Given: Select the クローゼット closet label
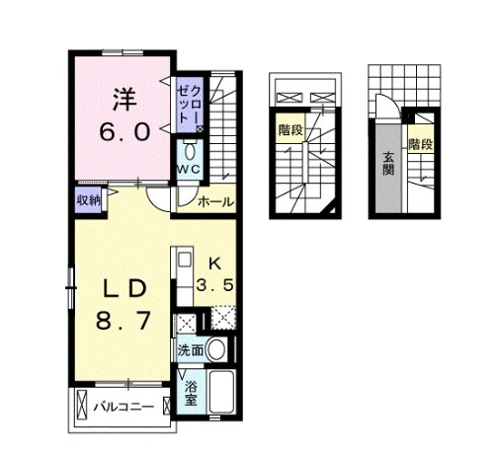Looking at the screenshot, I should coord(189,102).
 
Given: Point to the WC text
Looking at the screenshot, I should coord(189,170).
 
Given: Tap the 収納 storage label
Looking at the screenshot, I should coord(89,199).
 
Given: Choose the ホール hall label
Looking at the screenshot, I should coord(215,201).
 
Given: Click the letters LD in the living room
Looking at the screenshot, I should coord(124,288).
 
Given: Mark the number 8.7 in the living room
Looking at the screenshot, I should coord(124,322).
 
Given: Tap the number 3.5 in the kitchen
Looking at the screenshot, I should coord(215,286).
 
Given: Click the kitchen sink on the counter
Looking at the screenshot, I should coord(183,261).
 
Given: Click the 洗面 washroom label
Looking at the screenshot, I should coord(192,349).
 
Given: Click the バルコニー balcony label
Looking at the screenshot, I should coord(124,407).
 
